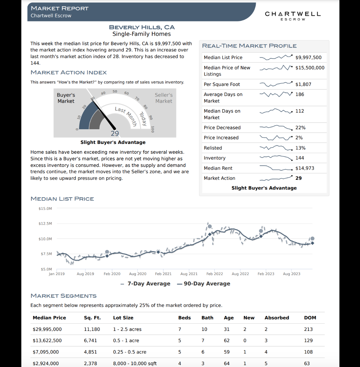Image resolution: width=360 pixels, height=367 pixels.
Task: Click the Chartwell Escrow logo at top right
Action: (x=293, y=15)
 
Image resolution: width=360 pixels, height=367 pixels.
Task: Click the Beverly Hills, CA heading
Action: (x=142, y=27)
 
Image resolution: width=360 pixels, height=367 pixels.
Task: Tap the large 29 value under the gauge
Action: (x=115, y=133)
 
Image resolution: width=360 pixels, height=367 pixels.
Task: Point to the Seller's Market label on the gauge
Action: (x=164, y=98)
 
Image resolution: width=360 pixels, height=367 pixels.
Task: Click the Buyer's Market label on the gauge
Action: (x=66, y=98)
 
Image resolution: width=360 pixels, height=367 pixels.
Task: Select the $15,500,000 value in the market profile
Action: (x=310, y=68)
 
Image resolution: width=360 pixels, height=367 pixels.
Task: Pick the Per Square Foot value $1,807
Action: (x=303, y=84)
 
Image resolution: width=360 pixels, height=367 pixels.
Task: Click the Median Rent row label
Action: (x=218, y=168)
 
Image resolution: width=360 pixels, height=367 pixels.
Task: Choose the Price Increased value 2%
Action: (x=299, y=138)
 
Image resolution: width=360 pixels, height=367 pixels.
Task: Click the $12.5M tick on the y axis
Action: (x=45, y=224)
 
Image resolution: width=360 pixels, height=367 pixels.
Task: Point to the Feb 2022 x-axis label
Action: (x=214, y=274)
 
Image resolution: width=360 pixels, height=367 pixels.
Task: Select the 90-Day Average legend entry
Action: (x=204, y=284)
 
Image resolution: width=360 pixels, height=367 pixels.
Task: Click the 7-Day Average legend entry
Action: (x=146, y=284)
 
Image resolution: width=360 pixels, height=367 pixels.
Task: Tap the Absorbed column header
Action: (x=277, y=318)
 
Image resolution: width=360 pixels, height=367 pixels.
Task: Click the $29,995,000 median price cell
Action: (x=47, y=329)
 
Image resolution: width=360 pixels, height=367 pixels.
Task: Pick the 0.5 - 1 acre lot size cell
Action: (x=126, y=341)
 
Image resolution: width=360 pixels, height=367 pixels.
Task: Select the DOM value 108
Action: (x=308, y=352)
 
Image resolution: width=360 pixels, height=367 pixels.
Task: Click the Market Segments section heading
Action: (x=63, y=296)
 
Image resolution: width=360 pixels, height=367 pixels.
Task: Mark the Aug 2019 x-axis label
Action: (x=85, y=274)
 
